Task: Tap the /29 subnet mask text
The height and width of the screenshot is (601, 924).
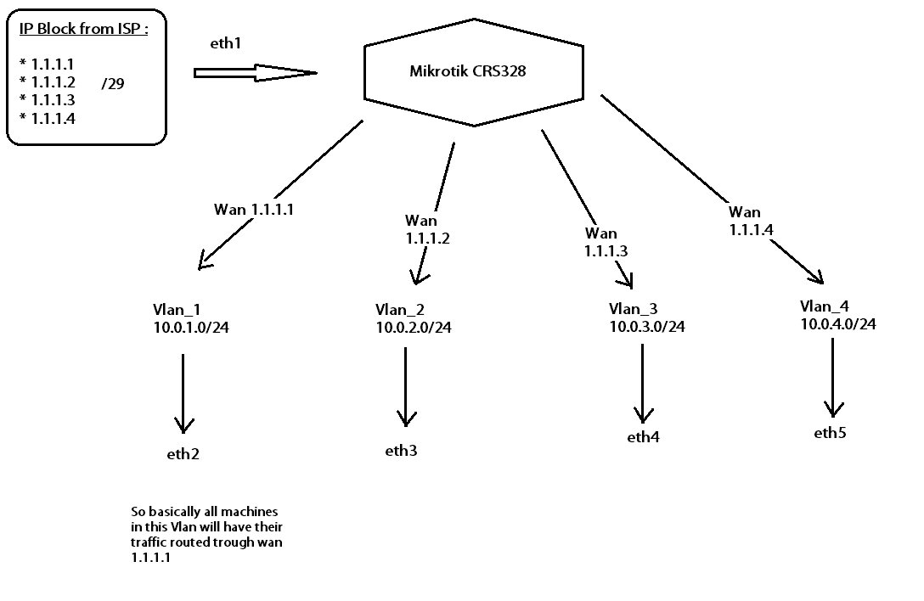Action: pos(113,84)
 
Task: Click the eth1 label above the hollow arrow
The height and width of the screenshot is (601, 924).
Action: pos(225,42)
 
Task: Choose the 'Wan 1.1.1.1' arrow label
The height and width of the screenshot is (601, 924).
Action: pos(254,210)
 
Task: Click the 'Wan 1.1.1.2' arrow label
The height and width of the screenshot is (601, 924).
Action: pos(427,230)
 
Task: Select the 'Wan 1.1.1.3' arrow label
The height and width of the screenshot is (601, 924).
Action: pos(606,242)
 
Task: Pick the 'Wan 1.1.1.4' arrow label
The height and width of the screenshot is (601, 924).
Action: pos(751,220)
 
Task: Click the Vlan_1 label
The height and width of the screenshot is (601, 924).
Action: pos(177,310)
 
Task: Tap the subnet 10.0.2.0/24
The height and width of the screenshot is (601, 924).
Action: pos(414,328)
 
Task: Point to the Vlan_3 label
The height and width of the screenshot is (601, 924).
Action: pos(634,308)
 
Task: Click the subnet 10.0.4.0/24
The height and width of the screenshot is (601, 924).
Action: pos(837,323)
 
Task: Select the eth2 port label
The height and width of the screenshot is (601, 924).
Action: pos(183,454)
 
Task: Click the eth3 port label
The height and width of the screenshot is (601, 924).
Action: pos(401,450)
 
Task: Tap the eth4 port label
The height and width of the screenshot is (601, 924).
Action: pos(643,437)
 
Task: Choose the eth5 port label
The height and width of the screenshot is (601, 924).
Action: pos(831,433)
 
